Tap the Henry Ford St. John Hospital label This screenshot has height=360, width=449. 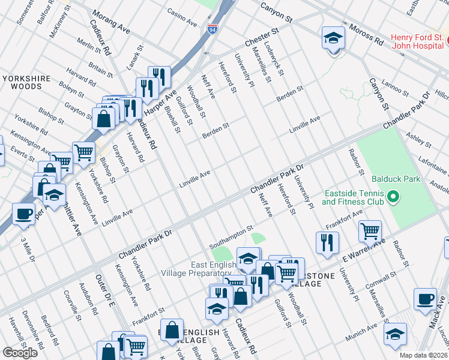(x=418, y=41)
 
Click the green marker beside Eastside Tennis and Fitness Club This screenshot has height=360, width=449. (x=393, y=196)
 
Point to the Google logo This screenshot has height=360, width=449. (x=20, y=353)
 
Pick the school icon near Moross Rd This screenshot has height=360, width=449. (x=333, y=39)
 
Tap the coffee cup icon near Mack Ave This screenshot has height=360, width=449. (x=426, y=300)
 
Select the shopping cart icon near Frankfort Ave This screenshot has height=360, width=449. (x=370, y=231)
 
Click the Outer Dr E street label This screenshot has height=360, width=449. (x=105, y=291)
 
